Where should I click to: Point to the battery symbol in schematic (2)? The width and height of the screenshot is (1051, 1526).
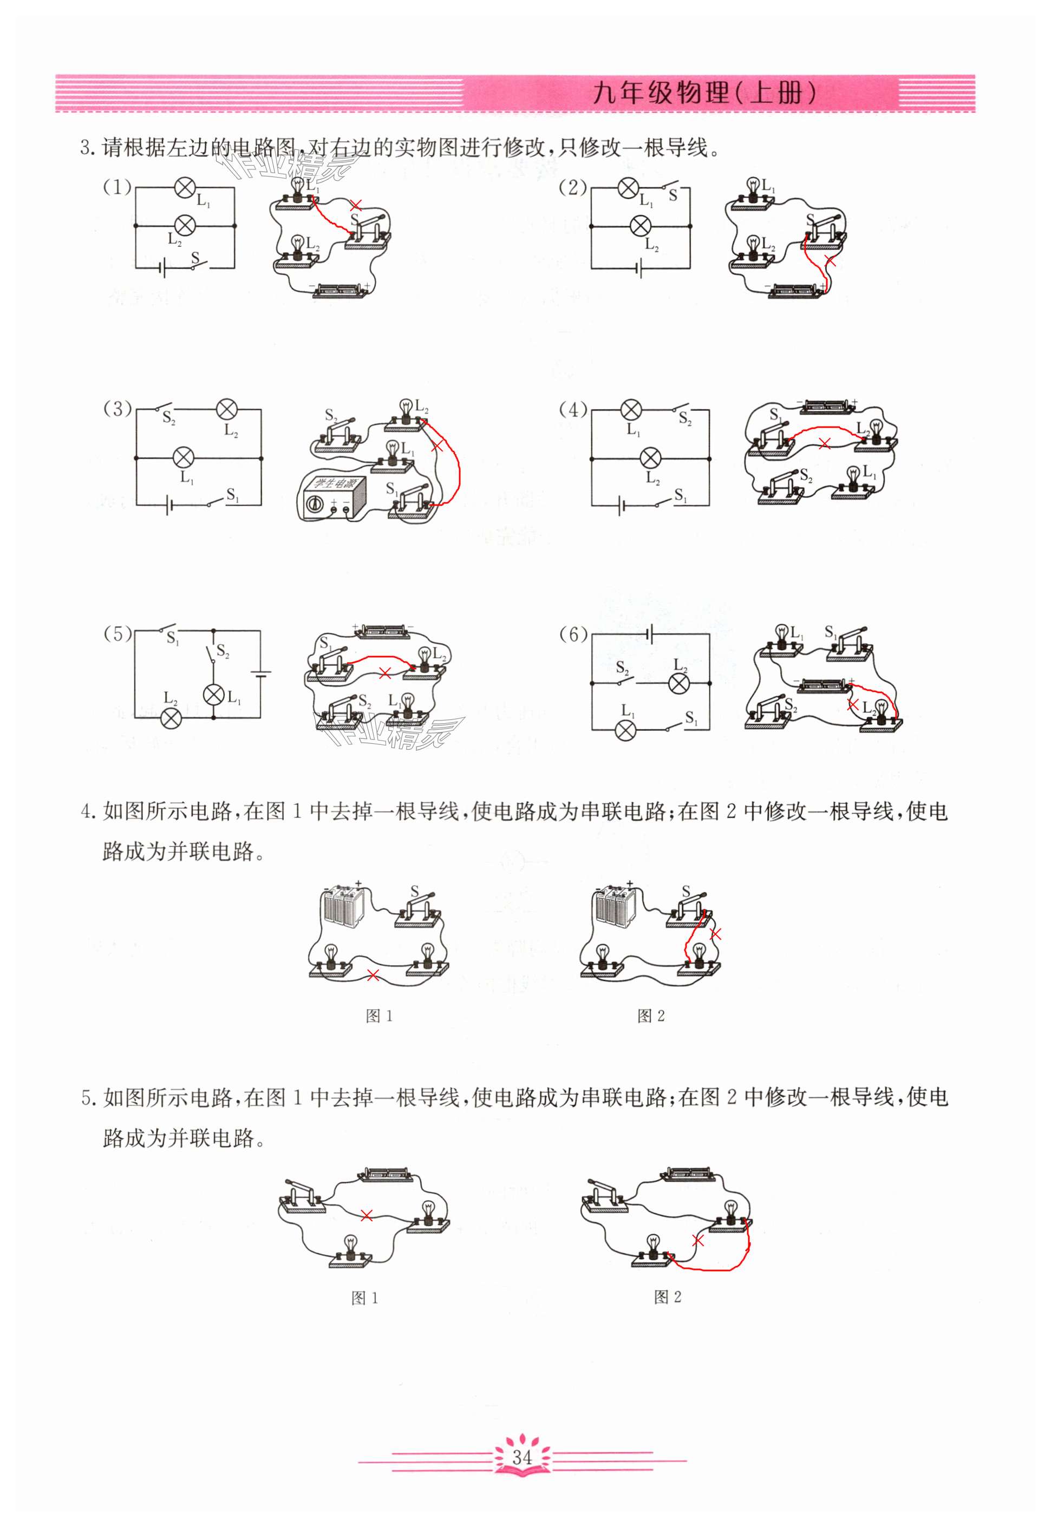[639, 268]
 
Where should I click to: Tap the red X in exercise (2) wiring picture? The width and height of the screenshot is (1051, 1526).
[831, 261]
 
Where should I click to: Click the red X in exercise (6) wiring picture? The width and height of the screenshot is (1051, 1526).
[852, 704]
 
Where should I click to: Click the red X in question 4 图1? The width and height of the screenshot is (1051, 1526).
[373, 975]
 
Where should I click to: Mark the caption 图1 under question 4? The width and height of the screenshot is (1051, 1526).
[380, 1016]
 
